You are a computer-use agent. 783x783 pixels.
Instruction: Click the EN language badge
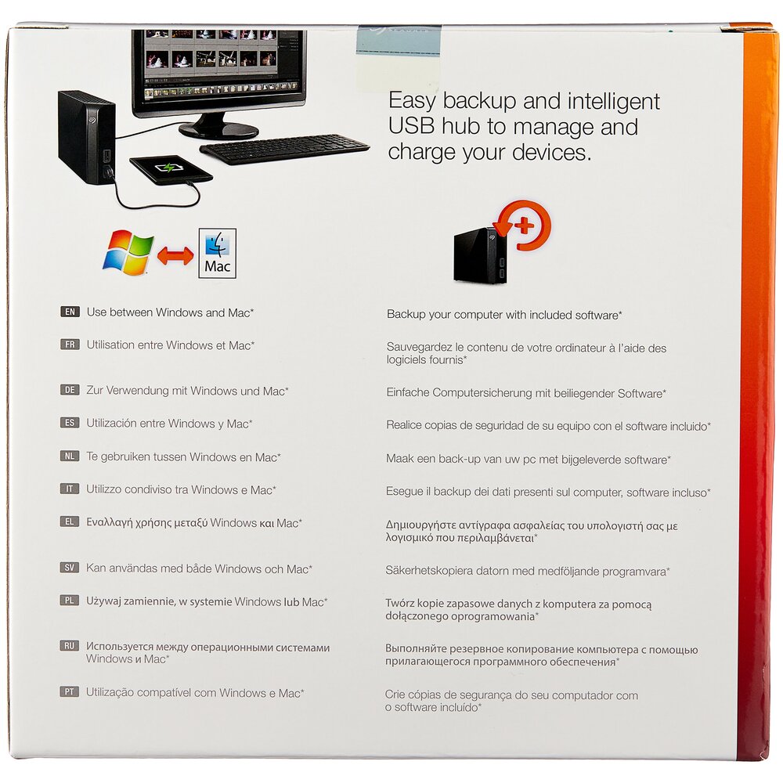70,312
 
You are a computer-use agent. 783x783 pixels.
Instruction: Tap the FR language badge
70,345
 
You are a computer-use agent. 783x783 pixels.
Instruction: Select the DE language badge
70,390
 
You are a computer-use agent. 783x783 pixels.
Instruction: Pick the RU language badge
70,646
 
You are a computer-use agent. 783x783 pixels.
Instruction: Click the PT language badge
70,691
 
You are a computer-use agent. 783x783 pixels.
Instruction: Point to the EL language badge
70,521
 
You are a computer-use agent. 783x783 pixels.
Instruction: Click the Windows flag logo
128,253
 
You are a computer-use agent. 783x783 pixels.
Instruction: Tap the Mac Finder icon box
217,253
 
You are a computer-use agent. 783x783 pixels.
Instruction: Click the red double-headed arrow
175,256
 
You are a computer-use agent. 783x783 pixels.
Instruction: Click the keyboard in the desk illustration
285,149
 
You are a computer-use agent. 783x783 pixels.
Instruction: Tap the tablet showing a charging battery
171,170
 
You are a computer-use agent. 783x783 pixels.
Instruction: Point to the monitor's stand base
218,130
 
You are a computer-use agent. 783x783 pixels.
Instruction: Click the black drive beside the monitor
87,137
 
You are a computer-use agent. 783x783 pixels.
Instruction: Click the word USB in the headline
411,126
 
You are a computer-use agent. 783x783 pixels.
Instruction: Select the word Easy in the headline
413,101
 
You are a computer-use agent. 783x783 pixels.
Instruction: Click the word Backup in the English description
405,315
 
